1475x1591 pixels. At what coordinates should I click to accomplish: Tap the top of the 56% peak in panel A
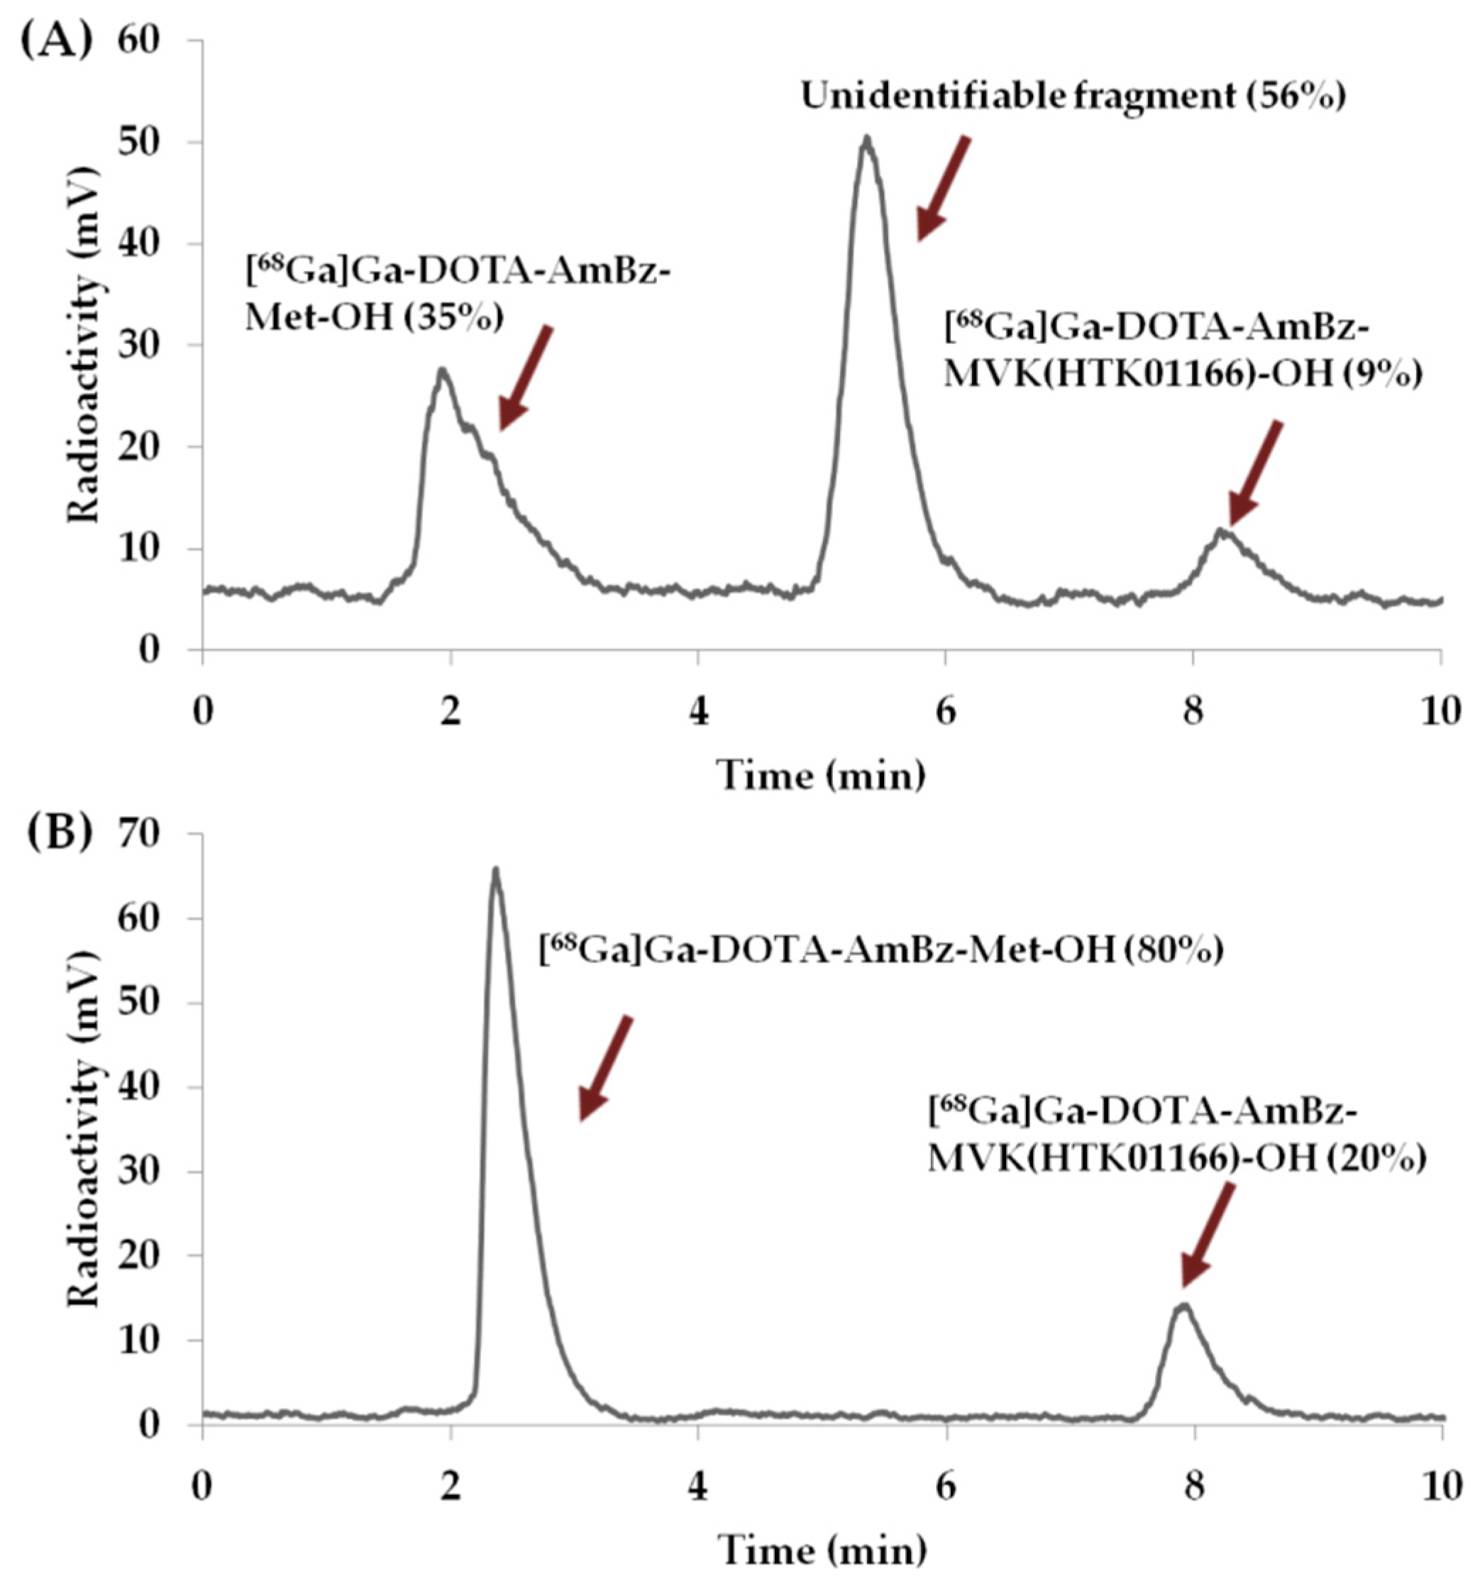pyautogui.click(x=866, y=138)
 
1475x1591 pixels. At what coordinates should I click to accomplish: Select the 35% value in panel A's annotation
pyautogui.click(x=454, y=318)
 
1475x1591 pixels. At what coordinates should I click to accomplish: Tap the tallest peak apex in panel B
pyautogui.click(x=496, y=870)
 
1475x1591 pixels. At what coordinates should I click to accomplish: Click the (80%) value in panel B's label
pyautogui.click(x=1174, y=950)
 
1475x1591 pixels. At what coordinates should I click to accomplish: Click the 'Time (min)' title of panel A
pyautogui.click(x=822, y=774)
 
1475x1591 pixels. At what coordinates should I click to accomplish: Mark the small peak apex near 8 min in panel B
pyautogui.click(x=1183, y=1304)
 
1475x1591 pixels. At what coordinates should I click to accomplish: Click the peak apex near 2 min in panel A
pyautogui.click(x=441, y=370)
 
